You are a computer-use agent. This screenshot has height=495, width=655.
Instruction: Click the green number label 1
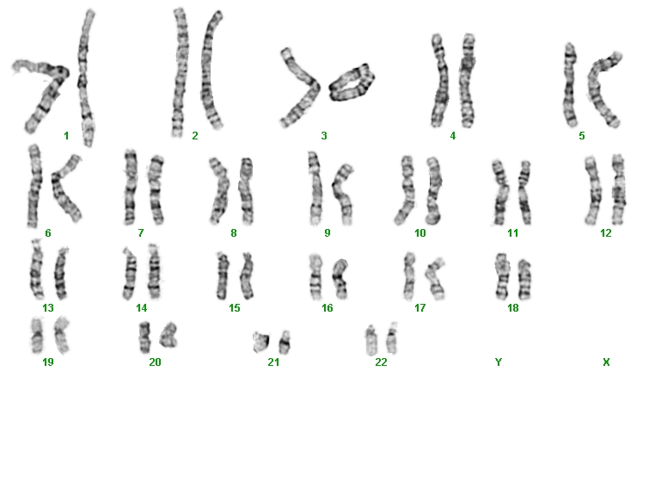pyautogui.click(x=66, y=135)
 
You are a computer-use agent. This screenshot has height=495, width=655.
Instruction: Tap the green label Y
pyautogui.click(x=498, y=362)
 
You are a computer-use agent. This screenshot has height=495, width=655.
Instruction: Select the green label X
pyautogui.click(x=606, y=362)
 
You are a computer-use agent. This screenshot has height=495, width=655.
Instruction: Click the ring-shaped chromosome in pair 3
pyautogui.click(x=352, y=83)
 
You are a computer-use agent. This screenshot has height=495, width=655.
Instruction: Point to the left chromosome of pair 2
pyautogui.click(x=181, y=72)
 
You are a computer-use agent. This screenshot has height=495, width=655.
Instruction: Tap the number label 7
pyautogui.click(x=141, y=233)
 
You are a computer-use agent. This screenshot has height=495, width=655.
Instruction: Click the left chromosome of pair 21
pyautogui.click(x=261, y=341)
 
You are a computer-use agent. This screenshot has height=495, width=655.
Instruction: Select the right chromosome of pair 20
pyautogui.click(x=168, y=335)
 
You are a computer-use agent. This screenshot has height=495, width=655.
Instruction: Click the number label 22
pyautogui.click(x=381, y=362)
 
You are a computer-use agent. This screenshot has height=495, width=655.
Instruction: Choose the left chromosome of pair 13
pyautogui.click(x=37, y=269)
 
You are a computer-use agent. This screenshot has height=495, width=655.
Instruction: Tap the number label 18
pyautogui.click(x=512, y=308)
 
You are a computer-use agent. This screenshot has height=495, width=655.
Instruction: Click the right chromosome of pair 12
pyautogui.click(x=619, y=189)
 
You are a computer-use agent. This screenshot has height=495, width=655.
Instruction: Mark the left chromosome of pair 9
pyautogui.click(x=315, y=189)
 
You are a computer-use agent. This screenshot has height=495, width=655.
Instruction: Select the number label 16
pyautogui.click(x=327, y=308)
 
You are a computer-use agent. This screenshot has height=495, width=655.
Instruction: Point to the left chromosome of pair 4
pyautogui.click(x=439, y=80)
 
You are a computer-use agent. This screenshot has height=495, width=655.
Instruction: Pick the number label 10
pyautogui.click(x=419, y=233)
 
